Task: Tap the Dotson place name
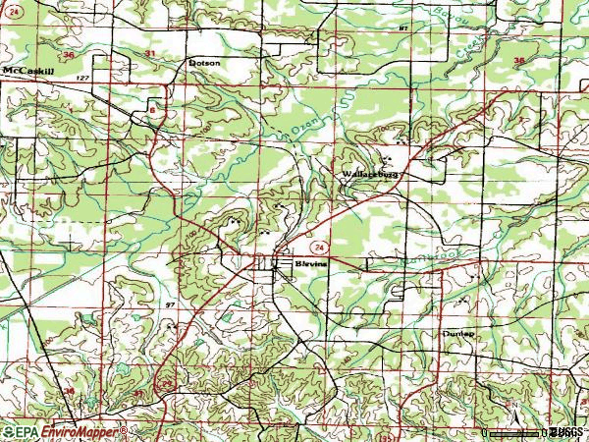(x=204, y=63)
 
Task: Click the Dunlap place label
(x=457, y=334)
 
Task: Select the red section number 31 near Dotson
(x=149, y=51)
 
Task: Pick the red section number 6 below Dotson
(x=153, y=111)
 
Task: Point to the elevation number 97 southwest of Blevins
(x=170, y=305)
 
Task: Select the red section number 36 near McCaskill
(x=69, y=55)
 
